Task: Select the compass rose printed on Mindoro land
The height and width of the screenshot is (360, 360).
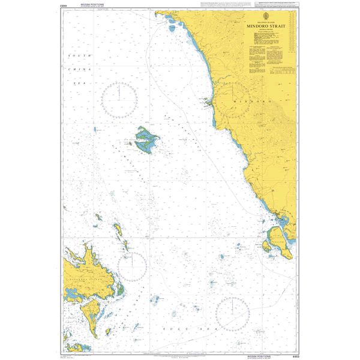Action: click(233, 98)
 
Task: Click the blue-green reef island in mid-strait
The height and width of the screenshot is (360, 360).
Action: click(147, 140)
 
